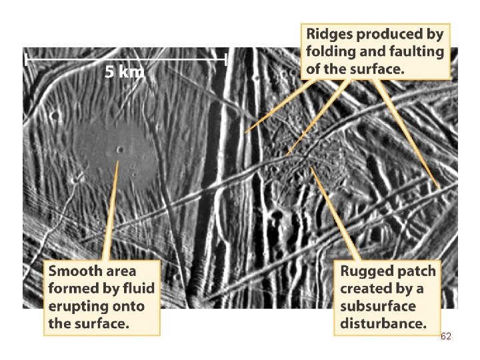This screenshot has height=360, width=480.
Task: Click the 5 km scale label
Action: pos(124,73)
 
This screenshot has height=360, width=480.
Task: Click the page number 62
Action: pos(446,337)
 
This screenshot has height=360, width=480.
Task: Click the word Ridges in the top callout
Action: pos(331,34)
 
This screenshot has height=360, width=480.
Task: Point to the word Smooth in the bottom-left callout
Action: pos(75,271)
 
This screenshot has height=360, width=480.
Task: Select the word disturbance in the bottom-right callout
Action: pos(383,325)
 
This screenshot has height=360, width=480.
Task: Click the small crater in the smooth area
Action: pos(120,149)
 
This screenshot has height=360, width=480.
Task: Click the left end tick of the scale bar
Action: pos(25,59)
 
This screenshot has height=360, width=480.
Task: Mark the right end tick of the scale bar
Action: pos(227,59)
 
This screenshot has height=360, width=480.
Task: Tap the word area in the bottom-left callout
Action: pos(121,271)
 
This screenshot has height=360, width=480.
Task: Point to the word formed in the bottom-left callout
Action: pos(71,289)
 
